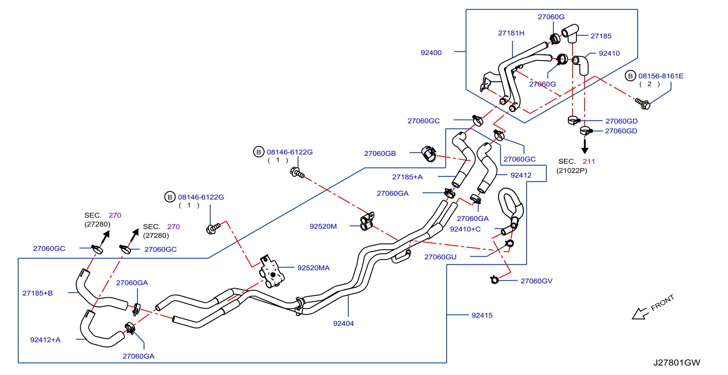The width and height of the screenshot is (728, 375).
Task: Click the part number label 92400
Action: click(431, 53)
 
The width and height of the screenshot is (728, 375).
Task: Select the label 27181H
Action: click(511, 33)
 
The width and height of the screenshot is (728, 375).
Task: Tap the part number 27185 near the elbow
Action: click(601, 36)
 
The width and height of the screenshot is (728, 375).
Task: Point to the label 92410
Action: click(609, 53)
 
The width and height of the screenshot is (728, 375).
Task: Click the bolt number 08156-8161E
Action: click(661, 76)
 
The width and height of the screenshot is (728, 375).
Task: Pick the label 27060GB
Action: click(380, 154)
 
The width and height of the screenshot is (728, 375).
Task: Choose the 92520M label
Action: click(323, 226)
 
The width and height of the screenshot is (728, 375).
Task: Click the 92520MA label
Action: click(313, 268)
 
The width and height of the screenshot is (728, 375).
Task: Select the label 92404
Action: click(343, 324)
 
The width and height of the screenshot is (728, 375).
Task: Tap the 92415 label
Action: click(482, 315)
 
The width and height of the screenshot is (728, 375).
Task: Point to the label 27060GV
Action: click(537, 281)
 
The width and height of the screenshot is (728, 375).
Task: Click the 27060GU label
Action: click(440, 257)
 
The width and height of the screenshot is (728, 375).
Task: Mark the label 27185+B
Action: click(38, 293)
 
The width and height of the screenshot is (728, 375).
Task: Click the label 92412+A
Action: click(45, 340)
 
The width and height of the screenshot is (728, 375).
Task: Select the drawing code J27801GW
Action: click(677, 363)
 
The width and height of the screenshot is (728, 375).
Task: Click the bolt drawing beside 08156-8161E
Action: click(643, 104)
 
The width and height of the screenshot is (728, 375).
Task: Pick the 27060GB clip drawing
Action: click(429, 154)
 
